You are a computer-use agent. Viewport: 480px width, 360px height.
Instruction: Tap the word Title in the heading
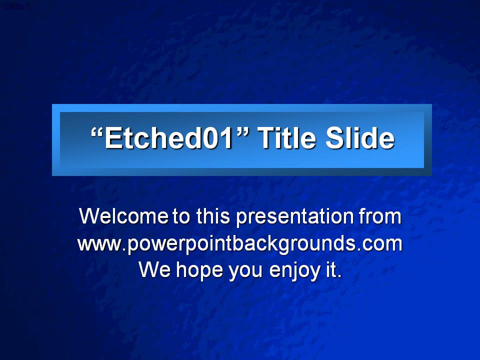click(286, 138)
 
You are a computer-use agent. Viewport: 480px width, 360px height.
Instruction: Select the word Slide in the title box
click(360, 138)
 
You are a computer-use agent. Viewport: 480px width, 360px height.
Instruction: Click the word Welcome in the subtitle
click(123, 216)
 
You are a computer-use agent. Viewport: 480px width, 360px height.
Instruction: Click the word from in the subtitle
click(380, 216)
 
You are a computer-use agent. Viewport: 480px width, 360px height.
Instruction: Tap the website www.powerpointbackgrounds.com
click(240, 244)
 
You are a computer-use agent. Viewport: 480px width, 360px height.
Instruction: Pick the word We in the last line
click(154, 269)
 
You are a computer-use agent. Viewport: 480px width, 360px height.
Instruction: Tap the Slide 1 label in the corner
click(16, 6)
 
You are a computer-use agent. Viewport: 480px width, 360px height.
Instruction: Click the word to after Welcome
click(181, 216)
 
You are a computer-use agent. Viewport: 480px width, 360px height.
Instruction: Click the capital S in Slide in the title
click(334, 138)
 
